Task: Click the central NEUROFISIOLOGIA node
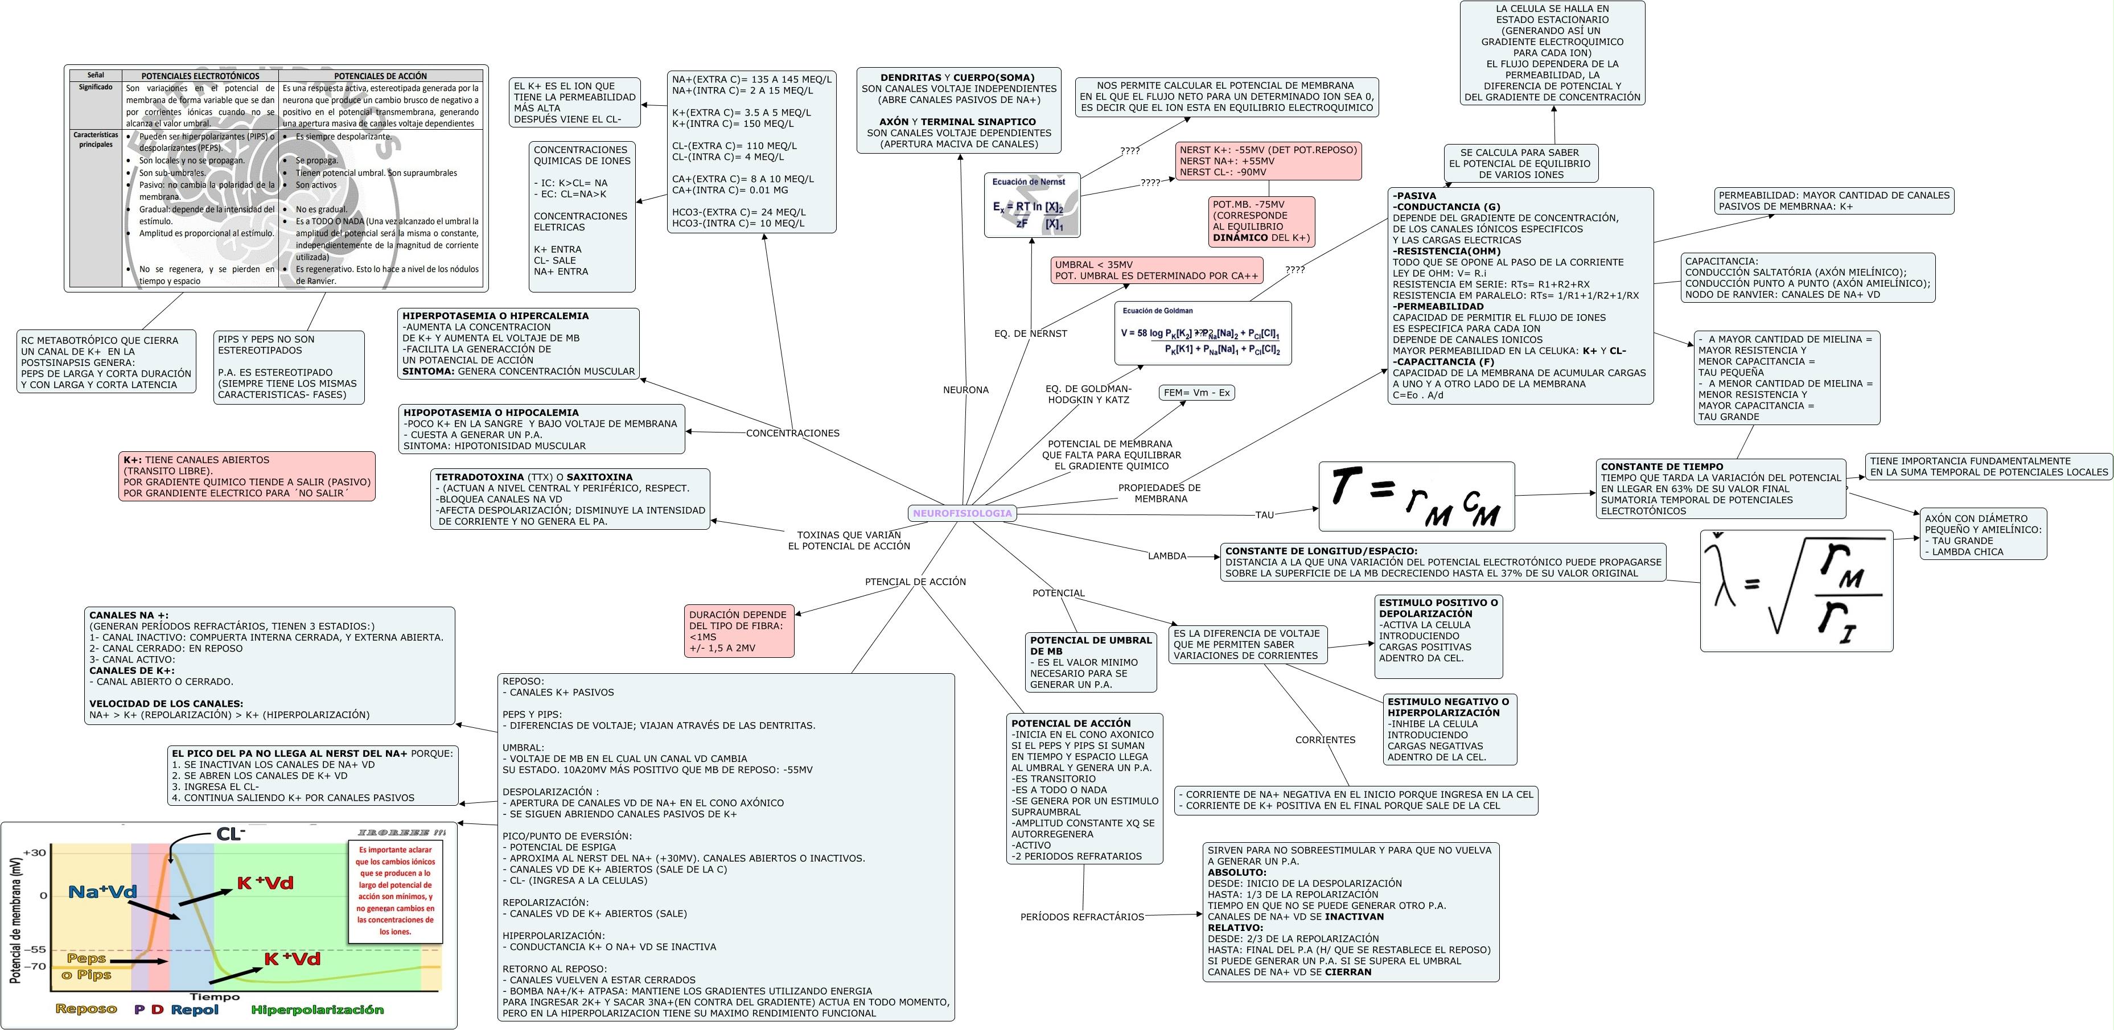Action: (x=962, y=513)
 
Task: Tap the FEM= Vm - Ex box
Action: (x=1196, y=392)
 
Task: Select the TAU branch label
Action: (x=1265, y=514)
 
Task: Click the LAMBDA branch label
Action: (x=1166, y=555)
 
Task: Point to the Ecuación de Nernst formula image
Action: (x=1031, y=205)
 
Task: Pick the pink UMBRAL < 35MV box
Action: (x=1155, y=270)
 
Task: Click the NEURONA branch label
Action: (x=965, y=390)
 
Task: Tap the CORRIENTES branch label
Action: (x=1325, y=739)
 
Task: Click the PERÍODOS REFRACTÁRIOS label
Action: (x=1081, y=917)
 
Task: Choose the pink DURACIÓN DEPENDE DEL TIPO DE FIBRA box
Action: (x=739, y=631)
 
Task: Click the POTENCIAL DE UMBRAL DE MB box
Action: (x=1091, y=661)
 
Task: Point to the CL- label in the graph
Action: (x=231, y=834)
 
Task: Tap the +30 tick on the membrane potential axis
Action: (x=35, y=852)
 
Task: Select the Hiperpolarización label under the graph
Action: (x=317, y=1010)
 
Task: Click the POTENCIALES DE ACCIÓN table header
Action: (x=380, y=76)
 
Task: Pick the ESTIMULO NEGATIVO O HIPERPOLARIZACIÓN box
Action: (x=1449, y=729)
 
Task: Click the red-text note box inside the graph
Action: (x=394, y=891)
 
